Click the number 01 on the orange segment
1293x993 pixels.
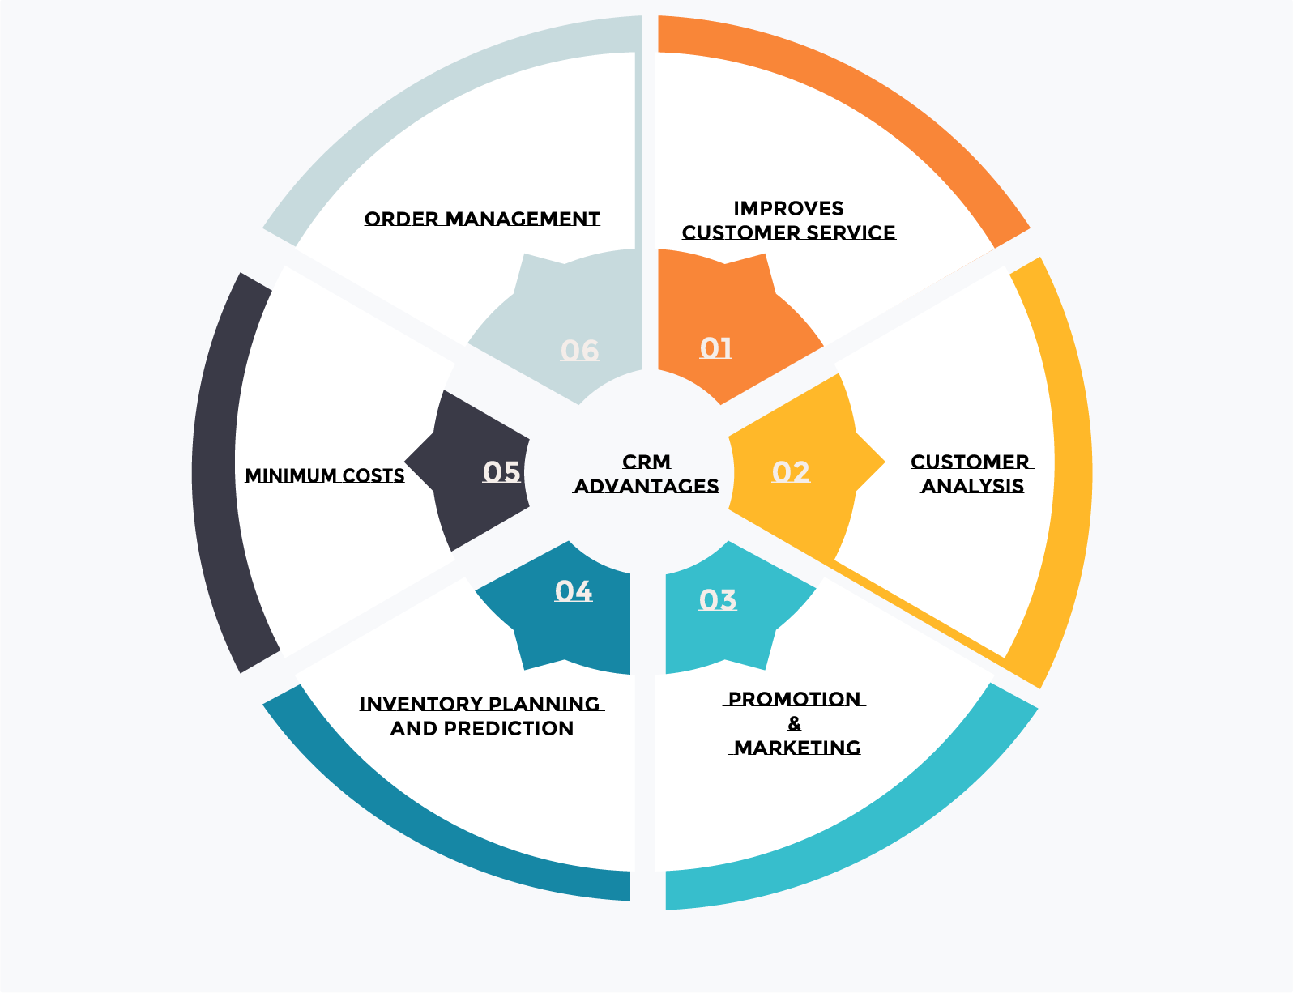[716, 348]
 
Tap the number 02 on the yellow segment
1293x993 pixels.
[791, 472]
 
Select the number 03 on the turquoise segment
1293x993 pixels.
[718, 600]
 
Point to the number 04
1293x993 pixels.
[574, 591]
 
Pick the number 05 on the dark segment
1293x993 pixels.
[501, 472]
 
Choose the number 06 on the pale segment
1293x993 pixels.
[580, 351]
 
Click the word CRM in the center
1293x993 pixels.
[646, 462]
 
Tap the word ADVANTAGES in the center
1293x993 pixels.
[646, 487]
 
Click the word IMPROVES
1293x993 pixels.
[788, 209]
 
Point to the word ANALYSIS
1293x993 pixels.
[973, 487]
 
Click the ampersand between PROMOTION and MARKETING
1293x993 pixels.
[795, 723]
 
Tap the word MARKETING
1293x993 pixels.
[797, 748]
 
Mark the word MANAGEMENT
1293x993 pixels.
[523, 219]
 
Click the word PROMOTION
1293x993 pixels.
[795, 699]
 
